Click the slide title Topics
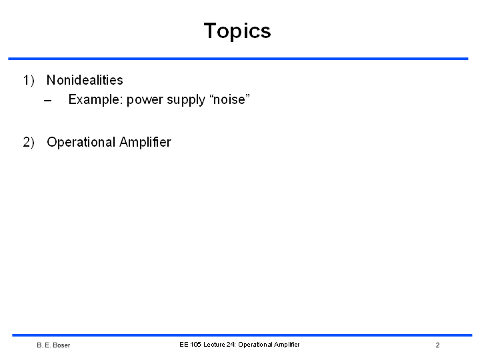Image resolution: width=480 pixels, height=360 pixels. click(237, 31)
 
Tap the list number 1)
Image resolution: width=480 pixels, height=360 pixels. click(29, 81)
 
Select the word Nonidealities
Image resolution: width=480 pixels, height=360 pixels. click(85, 80)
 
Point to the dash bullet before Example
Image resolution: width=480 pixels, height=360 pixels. click(48, 101)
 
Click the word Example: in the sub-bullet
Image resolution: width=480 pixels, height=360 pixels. click(95, 100)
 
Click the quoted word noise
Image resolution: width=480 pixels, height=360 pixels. click(229, 99)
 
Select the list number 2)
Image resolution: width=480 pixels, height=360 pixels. click(29, 143)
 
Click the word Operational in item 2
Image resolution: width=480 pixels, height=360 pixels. click(81, 143)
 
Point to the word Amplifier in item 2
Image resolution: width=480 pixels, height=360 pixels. click(145, 142)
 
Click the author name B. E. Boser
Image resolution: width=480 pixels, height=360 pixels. click(53, 345)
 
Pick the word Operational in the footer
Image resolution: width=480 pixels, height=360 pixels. click(255, 345)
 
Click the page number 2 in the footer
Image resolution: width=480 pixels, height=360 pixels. click(438, 345)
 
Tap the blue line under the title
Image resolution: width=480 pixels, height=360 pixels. click(238, 59)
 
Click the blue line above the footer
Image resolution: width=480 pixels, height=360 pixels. click(242, 335)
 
